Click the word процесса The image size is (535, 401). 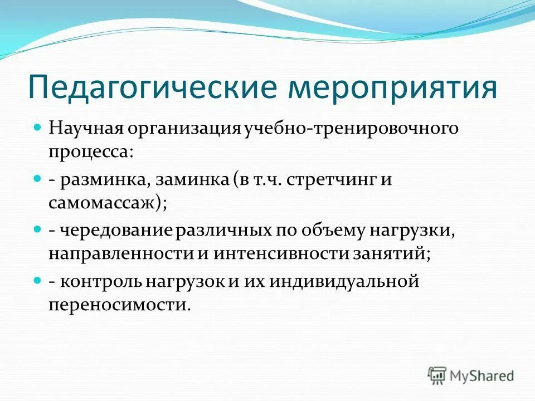click(x=90, y=151)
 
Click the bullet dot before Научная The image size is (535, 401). click(x=38, y=129)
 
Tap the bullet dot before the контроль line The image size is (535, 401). click(x=38, y=281)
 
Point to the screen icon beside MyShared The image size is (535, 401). click(x=437, y=375)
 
